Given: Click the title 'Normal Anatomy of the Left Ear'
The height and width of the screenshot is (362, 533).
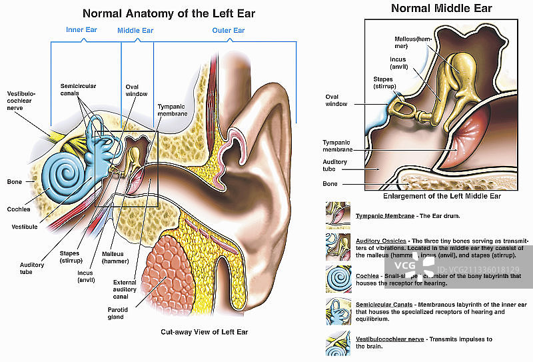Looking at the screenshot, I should pos(169,13).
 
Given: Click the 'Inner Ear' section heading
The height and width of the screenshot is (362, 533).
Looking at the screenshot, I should pos(81,30).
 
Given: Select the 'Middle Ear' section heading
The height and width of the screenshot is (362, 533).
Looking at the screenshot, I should pos(135,31).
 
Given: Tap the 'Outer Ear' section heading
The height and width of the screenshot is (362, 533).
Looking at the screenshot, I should pos(229,31).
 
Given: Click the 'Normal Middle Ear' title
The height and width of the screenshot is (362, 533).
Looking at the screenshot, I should pos(441,9).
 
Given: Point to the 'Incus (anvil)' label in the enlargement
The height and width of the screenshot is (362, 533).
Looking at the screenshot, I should pos(398,63).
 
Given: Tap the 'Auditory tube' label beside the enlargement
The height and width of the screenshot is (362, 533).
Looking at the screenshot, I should pos(334,165).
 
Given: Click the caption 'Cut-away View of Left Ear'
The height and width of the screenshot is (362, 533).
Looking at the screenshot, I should pos(204,331).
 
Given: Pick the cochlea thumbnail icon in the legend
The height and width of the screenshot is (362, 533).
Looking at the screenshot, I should pos(336,279).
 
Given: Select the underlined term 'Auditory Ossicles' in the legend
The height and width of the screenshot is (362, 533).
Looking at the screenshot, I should pos(380,240).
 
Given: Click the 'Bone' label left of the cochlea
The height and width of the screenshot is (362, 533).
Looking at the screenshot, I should pos(14,181).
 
